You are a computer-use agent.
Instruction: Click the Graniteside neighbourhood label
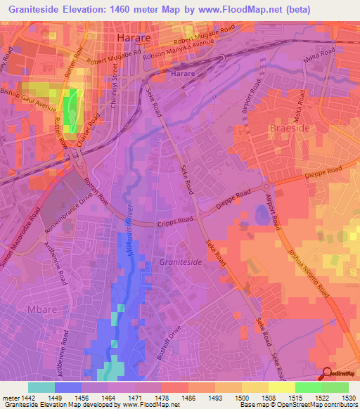tap(181, 261)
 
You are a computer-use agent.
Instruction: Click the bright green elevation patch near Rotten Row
tap(70, 112)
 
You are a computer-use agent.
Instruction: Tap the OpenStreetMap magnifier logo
tap(328, 375)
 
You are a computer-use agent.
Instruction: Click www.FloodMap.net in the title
tap(219, 10)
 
